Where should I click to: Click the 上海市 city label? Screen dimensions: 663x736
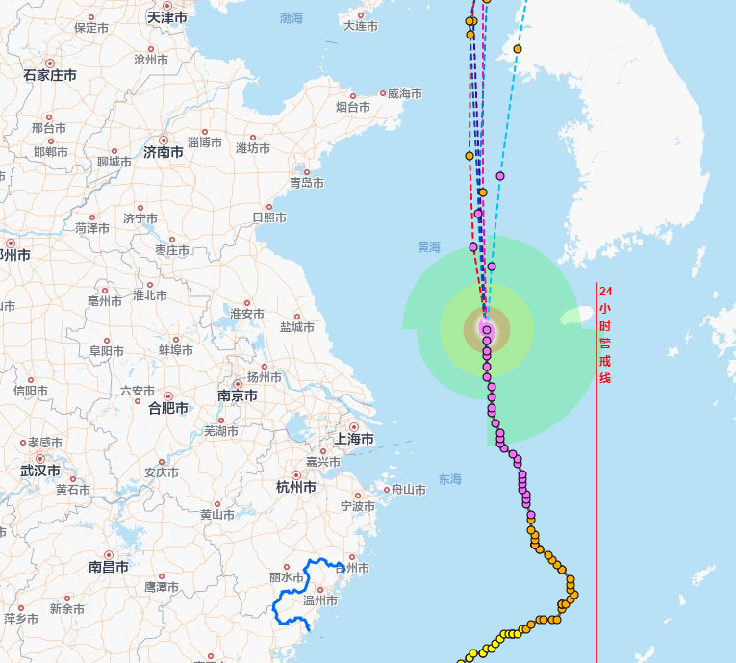[x=353, y=439]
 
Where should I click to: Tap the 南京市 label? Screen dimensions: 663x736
[x=237, y=395]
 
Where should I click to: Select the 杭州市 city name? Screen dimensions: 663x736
[x=295, y=487]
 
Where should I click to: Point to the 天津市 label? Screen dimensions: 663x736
[x=166, y=17]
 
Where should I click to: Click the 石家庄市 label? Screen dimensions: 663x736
[x=49, y=74]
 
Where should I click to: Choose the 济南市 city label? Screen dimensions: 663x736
[x=163, y=151]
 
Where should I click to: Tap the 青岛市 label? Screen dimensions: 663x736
[x=307, y=183]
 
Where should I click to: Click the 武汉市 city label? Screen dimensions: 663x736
[x=39, y=471]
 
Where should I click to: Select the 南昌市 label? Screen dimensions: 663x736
[x=109, y=567]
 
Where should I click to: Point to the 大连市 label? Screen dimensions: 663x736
[x=361, y=25]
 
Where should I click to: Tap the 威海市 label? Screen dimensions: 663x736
[x=405, y=93]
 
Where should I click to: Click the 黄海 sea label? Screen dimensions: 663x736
[x=428, y=247]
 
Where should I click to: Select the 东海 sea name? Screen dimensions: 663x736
[x=450, y=479]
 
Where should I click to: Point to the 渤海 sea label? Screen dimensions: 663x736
[x=292, y=18]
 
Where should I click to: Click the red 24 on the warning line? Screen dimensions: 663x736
[x=605, y=291]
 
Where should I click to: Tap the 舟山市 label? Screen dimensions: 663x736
[x=408, y=490]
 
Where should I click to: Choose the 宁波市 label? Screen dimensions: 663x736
[x=358, y=506]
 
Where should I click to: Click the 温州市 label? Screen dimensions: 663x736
[x=319, y=600]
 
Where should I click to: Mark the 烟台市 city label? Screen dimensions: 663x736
[x=353, y=107]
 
